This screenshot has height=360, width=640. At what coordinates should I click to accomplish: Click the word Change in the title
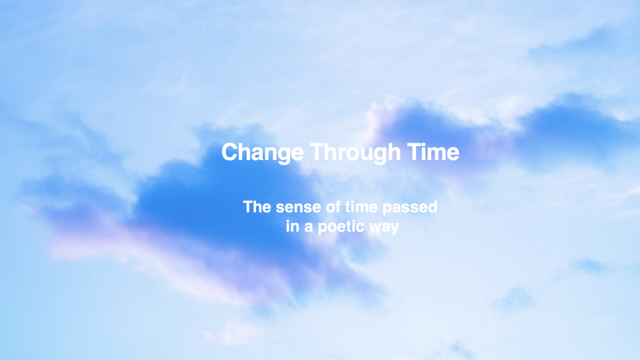pyautogui.click(x=263, y=153)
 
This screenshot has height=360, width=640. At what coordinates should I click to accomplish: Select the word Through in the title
pyautogui.click(x=355, y=153)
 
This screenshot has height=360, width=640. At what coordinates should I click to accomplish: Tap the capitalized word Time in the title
pyautogui.click(x=433, y=152)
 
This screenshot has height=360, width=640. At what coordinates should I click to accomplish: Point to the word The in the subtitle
pyautogui.click(x=257, y=207)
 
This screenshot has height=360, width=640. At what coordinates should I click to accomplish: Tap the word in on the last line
pyautogui.click(x=293, y=227)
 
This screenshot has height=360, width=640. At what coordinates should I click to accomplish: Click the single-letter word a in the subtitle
pyautogui.click(x=309, y=228)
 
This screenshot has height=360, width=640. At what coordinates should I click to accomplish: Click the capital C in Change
pyautogui.click(x=231, y=152)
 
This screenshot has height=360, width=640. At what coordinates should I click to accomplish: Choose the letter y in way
pyautogui.click(x=394, y=229)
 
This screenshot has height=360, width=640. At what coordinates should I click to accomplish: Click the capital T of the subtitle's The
pyautogui.click(x=248, y=207)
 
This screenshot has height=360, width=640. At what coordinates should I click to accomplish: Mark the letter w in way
pyautogui.click(x=375, y=228)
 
